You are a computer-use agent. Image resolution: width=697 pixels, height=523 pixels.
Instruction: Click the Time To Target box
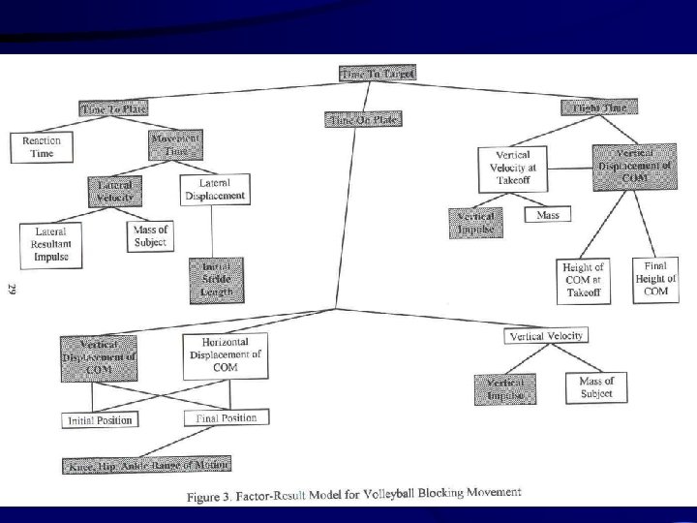coord(378,74)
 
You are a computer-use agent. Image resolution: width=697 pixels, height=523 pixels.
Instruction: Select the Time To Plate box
coord(115,109)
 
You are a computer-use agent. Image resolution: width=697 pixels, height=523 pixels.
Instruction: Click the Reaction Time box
coord(41,146)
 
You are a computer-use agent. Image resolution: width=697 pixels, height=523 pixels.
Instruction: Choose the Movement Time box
coord(175,146)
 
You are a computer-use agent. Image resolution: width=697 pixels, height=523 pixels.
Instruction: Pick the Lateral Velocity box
coord(114,190)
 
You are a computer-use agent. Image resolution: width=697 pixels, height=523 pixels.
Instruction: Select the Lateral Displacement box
coord(215,189)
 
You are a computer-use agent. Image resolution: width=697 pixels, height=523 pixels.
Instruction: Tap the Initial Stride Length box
coord(217,279)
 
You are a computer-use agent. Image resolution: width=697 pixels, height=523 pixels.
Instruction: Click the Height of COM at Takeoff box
coord(585,280)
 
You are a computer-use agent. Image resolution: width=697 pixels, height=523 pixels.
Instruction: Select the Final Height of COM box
coord(655,277)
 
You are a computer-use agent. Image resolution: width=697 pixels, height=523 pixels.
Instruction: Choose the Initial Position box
coord(98,419)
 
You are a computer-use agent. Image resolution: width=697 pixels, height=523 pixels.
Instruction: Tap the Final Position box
coord(227,417)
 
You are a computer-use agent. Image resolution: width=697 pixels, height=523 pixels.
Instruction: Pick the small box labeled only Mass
coord(547,214)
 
